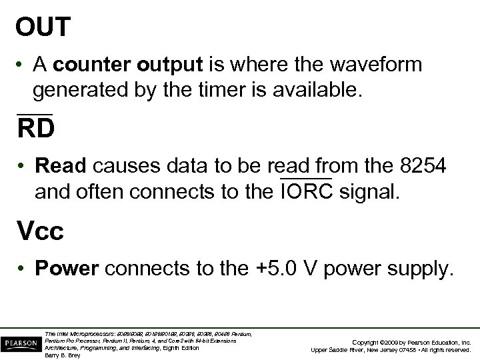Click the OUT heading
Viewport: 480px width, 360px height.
[43, 27]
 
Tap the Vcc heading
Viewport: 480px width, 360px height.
[40, 231]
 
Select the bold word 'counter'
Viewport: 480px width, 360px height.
[84, 65]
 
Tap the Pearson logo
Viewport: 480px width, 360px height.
[20, 342]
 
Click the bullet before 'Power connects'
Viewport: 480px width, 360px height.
[23, 269]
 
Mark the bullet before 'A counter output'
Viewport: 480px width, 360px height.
[23, 65]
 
